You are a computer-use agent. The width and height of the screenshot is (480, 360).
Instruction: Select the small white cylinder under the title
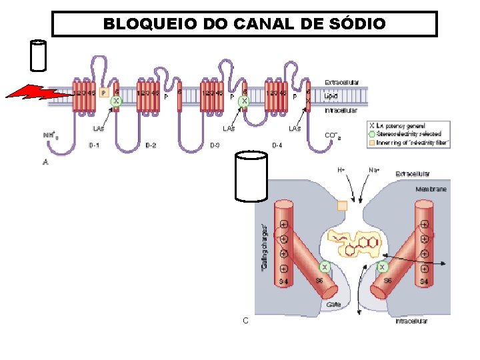click(x=39, y=55)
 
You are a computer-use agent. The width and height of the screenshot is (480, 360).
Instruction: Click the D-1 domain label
click(x=94, y=145)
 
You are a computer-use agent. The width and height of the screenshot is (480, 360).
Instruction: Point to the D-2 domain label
click(x=151, y=145)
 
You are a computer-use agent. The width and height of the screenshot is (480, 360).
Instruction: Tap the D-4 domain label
click(x=277, y=145)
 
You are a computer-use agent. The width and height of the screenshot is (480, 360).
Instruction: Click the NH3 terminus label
click(x=49, y=135)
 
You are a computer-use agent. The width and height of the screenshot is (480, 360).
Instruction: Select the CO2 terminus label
click(x=333, y=136)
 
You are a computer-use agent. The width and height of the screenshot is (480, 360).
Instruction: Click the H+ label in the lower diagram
click(x=341, y=170)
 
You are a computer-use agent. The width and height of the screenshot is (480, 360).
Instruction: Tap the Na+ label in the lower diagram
click(x=375, y=170)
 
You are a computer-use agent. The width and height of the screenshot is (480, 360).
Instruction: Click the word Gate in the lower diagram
click(x=333, y=304)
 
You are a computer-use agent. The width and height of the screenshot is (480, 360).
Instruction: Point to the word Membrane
click(x=431, y=189)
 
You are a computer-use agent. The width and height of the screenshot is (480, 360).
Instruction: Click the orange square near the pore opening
click(x=343, y=206)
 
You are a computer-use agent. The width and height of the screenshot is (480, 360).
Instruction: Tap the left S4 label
click(x=283, y=283)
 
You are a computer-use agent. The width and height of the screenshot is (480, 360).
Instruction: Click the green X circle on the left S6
click(x=325, y=267)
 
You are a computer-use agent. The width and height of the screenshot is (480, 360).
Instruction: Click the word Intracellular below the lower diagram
click(x=411, y=321)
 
